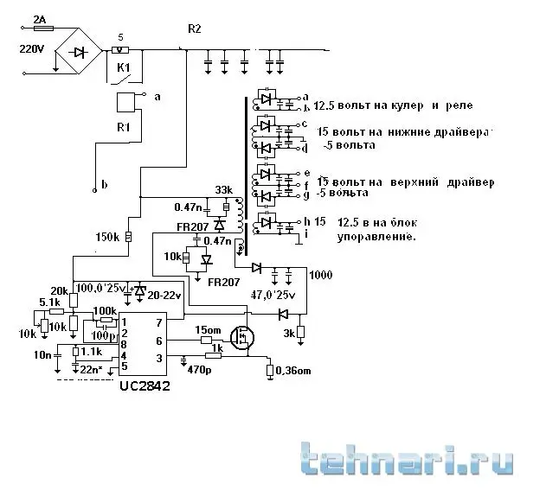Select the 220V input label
[31, 49]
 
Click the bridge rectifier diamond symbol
[79, 53]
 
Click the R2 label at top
[194, 29]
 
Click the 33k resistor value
[223, 191]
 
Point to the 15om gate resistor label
[208, 329]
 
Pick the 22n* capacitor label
[90, 369]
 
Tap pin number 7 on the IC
[159, 322]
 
